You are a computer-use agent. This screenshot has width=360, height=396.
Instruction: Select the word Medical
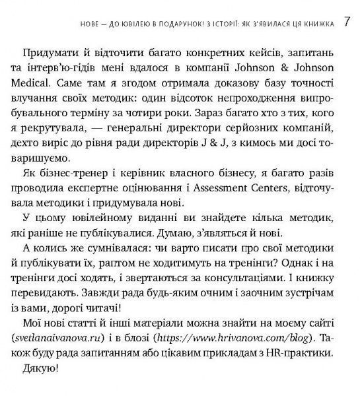point(43,84)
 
